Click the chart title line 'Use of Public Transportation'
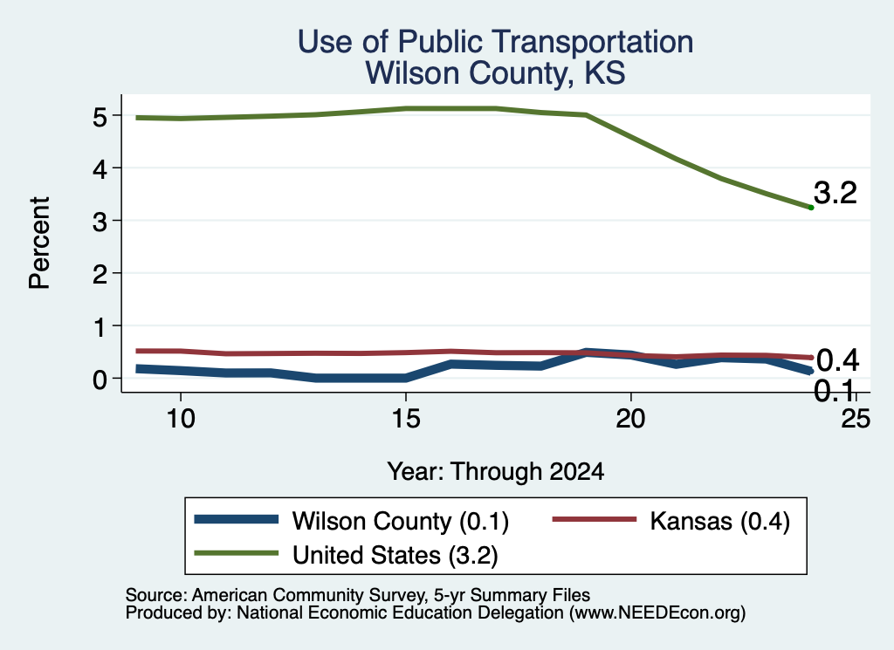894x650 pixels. coord(495,42)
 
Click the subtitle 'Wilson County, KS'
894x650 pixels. coord(495,73)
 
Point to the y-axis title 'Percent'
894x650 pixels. coord(39,243)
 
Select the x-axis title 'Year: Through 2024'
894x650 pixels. coord(496,472)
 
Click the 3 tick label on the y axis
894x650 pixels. coord(100,221)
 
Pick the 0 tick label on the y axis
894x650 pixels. coord(100,379)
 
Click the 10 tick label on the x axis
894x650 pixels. coord(181,420)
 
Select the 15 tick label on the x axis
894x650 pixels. coord(406,420)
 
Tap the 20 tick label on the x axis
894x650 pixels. coord(630,420)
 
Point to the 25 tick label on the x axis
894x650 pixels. coord(856,420)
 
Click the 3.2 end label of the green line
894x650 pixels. coord(836,193)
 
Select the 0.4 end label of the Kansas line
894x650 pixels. coord(837,360)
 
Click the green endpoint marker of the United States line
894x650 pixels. coord(811,208)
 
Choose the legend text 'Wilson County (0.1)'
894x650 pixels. coord(400,521)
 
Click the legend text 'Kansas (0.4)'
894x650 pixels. coord(720,521)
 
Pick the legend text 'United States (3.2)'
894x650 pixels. coord(395,556)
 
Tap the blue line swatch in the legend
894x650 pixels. coord(236,519)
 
